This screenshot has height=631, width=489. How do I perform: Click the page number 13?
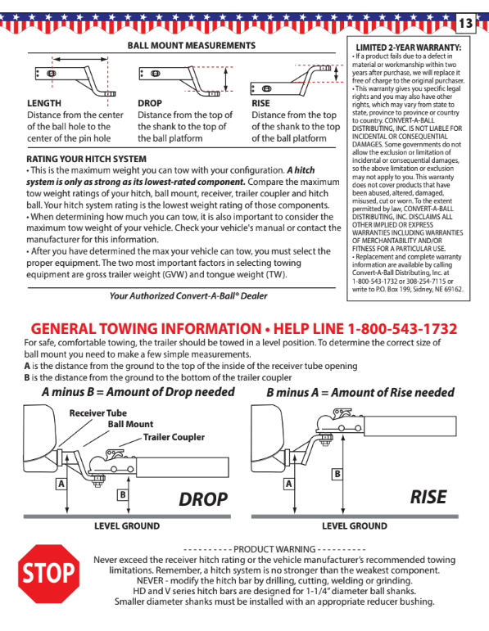coord(465,24)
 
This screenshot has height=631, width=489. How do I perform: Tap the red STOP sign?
coord(49,573)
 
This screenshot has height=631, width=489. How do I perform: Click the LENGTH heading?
coord(44,103)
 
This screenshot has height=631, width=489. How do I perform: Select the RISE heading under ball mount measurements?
coord(260,103)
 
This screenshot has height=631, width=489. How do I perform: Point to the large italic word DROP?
coord(203,499)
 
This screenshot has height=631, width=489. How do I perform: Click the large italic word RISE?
coord(428,497)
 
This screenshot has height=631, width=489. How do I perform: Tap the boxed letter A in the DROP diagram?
coord(61,484)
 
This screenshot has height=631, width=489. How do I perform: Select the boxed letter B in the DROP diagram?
coord(122,494)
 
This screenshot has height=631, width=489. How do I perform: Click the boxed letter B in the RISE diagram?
coord(337,474)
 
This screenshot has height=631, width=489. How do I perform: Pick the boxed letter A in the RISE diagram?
coord(288,484)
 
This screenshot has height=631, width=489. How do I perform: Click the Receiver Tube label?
coord(97,413)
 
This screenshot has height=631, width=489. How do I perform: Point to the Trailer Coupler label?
coord(174,437)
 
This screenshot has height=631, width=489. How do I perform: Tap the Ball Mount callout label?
coord(130,424)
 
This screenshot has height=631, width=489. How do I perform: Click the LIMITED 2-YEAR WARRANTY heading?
coord(409,47)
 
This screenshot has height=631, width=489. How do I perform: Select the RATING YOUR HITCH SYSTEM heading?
coord(87,159)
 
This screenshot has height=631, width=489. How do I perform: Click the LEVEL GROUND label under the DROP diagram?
coord(127,526)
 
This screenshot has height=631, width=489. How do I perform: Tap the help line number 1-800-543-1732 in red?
coord(402,329)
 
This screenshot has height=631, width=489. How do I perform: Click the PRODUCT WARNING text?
coord(274,549)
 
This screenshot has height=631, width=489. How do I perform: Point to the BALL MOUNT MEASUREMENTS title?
coord(192,46)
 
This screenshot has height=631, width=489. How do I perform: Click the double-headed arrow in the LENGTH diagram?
coord(79,59)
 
